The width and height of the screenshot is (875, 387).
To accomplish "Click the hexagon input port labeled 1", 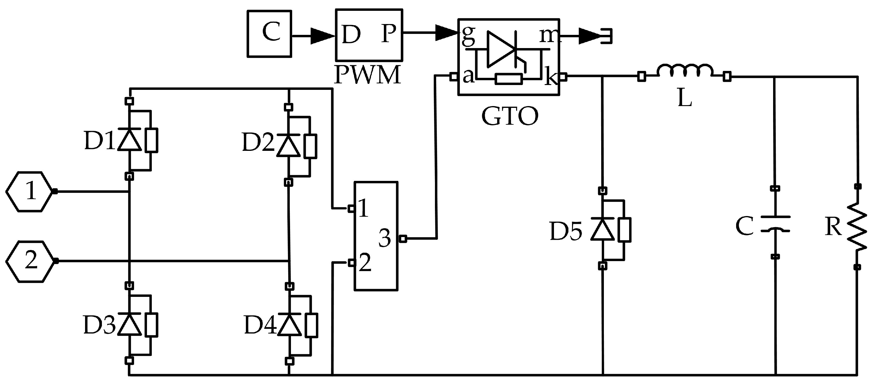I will pos(30,192).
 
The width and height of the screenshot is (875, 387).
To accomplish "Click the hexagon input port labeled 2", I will pos(31,261).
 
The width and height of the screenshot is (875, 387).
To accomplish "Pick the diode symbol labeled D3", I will pos(130,324).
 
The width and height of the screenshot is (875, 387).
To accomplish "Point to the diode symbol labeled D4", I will pos(289,325).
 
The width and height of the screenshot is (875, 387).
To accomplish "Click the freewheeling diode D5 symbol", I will pos(603,229).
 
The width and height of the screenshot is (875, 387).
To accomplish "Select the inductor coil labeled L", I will pos(685,71).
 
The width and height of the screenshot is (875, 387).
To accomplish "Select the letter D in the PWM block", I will pos(351,35).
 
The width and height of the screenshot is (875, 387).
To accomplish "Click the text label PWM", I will pos(368,75).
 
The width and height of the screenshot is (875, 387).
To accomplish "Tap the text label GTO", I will pos(510,117).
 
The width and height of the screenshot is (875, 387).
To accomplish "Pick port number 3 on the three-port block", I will pos(385,238).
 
